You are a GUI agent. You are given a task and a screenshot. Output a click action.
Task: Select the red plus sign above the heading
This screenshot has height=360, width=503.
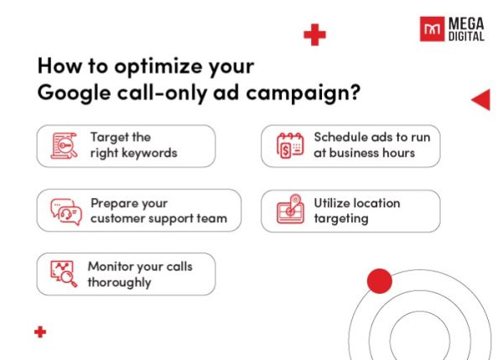click(x=314, y=35)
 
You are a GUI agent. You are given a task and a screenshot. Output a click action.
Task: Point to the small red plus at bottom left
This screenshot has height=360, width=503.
click(x=40, y=332)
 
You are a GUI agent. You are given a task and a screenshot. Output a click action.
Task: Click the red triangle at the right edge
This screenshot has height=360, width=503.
click(x=481, y=100)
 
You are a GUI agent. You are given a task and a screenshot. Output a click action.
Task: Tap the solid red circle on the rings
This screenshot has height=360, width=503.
click(x=380, y=281)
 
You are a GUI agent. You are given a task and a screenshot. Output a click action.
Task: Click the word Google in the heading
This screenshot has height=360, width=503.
click(x=70, y=94)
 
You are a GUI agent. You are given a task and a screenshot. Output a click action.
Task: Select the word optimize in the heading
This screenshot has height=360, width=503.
click(x=147, y=66)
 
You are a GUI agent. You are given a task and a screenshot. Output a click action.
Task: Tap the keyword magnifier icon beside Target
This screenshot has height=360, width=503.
click(x=63, y=146)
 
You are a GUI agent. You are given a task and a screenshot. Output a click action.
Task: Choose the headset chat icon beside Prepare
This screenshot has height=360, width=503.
click(x=63, y=210)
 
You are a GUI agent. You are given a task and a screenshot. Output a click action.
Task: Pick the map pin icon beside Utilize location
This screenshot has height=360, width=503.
click(x=290, y=210)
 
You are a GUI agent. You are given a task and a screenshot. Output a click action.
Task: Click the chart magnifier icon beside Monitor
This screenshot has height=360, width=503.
click(x=63, y=274)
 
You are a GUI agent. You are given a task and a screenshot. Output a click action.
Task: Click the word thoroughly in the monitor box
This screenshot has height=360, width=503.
click(x=119, y=282)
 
